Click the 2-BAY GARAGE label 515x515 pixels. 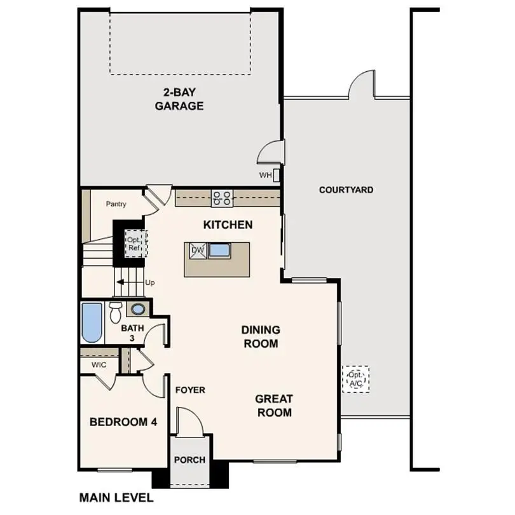coord(179,99)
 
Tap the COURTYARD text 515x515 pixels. coord(346,189)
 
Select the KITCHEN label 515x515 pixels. coord(228,224)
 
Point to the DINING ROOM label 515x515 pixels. coord(260,337)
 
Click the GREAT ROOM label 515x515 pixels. coord(274,406)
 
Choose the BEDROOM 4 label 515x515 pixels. coord(123,422)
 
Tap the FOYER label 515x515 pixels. coord(190,390)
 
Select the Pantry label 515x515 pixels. coord(116,204)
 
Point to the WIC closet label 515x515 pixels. coord(99,365)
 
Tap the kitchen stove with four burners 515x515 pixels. coord(222,198)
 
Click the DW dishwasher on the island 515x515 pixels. coord(197,251)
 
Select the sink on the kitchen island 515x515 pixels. coord(220,250)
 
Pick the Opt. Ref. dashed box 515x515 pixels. coord(135,243)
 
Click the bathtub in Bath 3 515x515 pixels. coord(92,322)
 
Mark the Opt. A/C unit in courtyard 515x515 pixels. coord(355,380)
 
